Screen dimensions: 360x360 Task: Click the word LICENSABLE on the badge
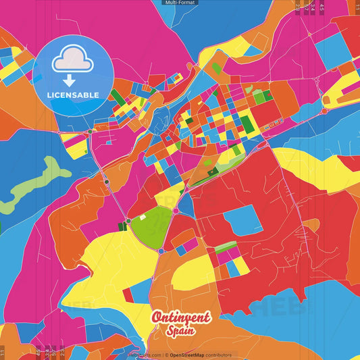72,95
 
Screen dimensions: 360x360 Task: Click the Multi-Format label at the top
180,3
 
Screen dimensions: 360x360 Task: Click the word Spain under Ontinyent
181,331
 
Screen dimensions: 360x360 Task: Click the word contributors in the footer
219,355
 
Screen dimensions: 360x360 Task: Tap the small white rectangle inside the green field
142,217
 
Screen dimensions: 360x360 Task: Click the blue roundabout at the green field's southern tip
161,251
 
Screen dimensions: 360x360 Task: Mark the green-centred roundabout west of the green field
128,221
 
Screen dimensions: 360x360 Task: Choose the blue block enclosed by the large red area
243,220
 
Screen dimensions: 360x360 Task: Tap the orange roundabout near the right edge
324,111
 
